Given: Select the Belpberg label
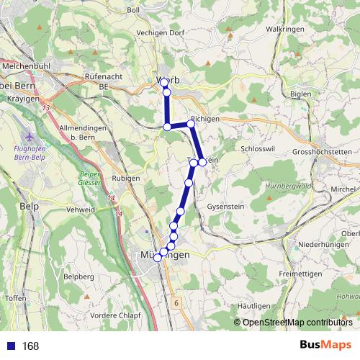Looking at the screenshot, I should pos(79,276).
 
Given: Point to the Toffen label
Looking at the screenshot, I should pos(15,297).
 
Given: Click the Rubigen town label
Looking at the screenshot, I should pos(127,178).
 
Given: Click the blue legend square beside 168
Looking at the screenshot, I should pos(11,346).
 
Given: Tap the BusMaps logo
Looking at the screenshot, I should pos(325,346).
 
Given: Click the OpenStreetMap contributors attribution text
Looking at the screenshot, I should pos(297,322).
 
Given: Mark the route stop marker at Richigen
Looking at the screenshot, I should pos(191,124).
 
